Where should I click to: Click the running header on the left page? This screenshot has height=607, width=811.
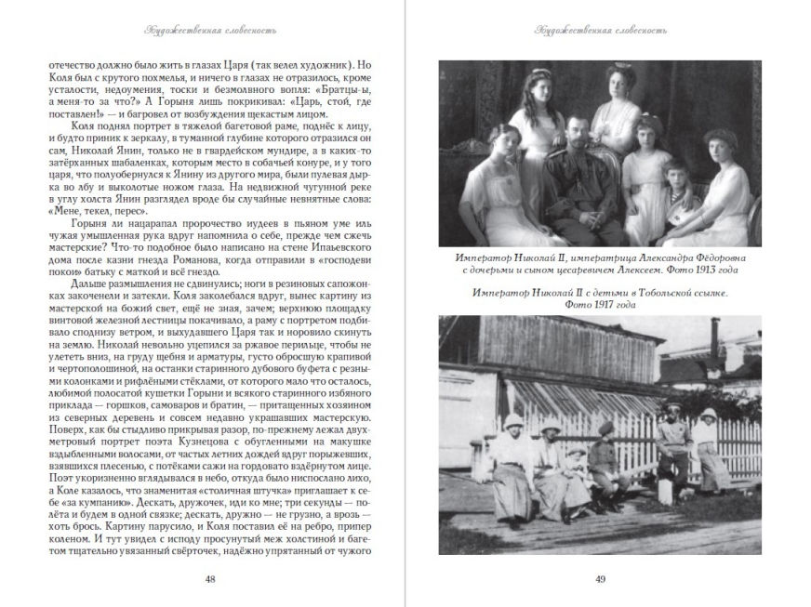[x=207, y=29]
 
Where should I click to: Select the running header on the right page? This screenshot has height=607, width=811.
[x=600, y=29]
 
